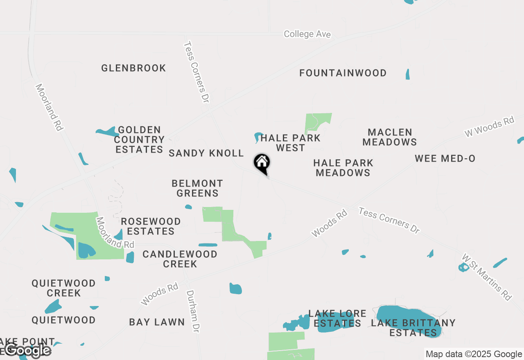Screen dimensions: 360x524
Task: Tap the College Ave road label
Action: click(307, 34)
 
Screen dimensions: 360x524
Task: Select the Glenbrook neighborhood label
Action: click(133, 68)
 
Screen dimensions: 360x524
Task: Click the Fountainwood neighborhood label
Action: click(343, 73)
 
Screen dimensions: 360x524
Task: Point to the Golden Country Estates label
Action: click(139, 140)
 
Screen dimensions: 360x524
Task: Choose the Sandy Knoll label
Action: click(206, 153)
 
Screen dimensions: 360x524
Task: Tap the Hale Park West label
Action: click(290, 143)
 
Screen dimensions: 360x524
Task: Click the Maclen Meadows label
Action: click(389, 137)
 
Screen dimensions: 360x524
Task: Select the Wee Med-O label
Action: click(445, 159)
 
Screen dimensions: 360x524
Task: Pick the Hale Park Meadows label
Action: click(343, 168)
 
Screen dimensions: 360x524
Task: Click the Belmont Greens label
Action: click(197, 188)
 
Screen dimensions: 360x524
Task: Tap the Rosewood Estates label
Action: click(151, 226)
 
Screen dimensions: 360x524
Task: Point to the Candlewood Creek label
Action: click(180, 259)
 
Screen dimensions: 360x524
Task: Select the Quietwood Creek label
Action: click(63, 288)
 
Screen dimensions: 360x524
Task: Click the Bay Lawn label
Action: click(157, 322)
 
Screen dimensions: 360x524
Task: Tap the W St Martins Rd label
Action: click(487, 277)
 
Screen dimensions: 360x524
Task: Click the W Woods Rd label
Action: click(489, 127)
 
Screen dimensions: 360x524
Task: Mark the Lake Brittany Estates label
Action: click(413, 328)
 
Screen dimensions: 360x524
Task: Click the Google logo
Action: click(28, 350)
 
